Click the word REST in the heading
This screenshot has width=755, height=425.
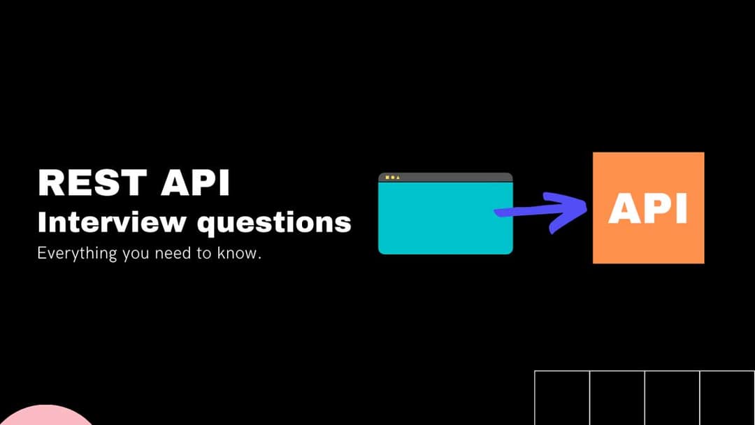tap(92, 182)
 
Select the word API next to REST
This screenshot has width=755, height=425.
tap(195, 182)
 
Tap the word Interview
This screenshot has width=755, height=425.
tap(112, 222)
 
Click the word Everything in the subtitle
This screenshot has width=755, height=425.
tap(77, 253)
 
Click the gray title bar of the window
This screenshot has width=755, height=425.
tap(445, 177)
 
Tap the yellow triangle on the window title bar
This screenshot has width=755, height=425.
tap(398, 178)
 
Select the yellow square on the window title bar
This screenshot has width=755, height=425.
tap(387, 178)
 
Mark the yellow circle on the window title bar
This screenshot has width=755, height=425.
tap(392, 178)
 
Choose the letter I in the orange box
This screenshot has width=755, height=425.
tap(681, 208)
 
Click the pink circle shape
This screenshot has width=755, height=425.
tap(45, 416)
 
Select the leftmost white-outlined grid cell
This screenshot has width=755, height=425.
tap(562, 398)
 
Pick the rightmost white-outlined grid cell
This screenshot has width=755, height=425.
tap(727, 398)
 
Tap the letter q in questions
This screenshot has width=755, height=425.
tap(208, 226)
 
